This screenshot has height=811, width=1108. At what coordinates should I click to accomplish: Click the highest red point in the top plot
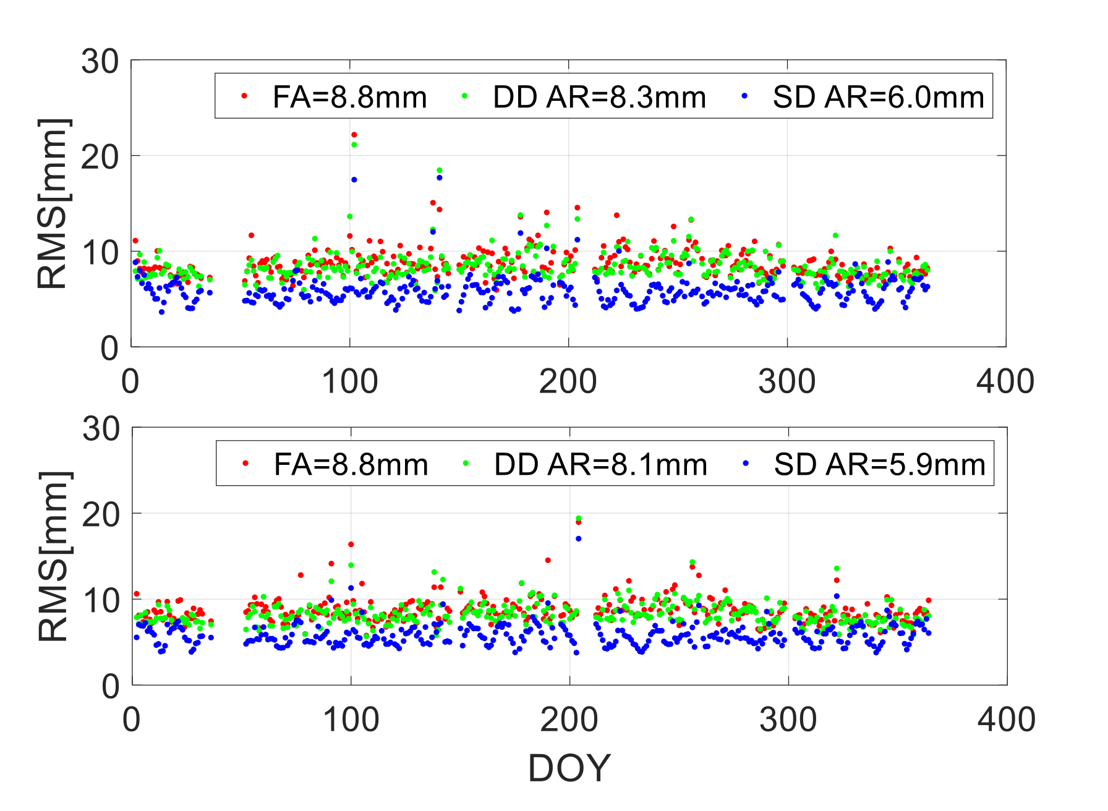coord(354,135)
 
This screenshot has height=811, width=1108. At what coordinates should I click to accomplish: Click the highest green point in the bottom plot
coord(579,519)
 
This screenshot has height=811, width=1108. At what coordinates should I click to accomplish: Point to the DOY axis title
coord(569,768)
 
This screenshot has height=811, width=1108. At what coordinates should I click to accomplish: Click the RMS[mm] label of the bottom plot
coord(54,556)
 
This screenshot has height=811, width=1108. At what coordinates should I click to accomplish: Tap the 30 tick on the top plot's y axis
coord(100,62)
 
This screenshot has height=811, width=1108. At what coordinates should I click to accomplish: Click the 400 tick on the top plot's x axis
coord(1005,382)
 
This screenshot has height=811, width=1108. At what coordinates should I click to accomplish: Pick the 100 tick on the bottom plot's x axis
coord(351,720)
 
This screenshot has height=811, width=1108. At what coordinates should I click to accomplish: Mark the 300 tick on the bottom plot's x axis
coord(788,720)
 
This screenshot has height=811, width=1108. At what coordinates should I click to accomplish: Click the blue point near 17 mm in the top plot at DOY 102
coord(354,180)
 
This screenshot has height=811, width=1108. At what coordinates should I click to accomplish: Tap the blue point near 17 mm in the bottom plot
coord(579,539)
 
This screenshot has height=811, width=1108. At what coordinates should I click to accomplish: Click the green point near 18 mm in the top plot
coord(440,170)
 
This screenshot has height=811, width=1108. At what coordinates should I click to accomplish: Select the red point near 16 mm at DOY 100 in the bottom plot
coord(351,545)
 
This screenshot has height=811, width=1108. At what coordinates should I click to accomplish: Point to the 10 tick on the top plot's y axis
coord(100,252)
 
